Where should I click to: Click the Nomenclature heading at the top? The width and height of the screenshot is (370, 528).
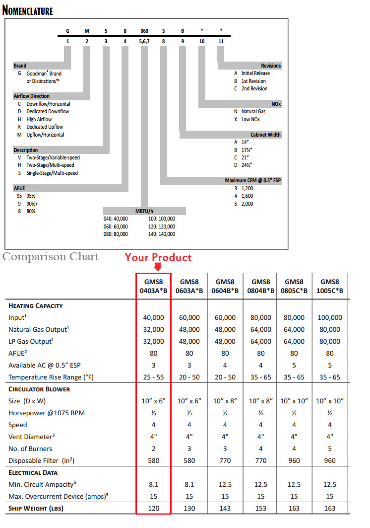28,10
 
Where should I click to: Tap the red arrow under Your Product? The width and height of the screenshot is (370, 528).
158,267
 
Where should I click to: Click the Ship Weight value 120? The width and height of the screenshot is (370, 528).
154,508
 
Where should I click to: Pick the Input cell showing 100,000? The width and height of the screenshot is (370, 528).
329,317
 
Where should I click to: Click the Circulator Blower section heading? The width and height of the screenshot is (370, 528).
39,389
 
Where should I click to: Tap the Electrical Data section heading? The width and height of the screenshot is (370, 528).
33,472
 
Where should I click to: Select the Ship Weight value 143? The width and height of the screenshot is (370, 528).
225,508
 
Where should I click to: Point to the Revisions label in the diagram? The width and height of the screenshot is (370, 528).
271,66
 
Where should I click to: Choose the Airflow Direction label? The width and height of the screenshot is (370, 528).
31,96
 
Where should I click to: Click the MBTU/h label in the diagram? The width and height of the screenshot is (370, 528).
144,211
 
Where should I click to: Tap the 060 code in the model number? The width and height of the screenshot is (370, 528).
144,30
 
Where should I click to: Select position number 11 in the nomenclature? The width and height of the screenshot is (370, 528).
221,41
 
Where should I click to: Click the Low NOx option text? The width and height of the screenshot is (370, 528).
250,119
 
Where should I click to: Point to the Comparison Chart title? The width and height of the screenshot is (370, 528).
51,257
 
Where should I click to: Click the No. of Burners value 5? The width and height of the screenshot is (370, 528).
329,449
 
